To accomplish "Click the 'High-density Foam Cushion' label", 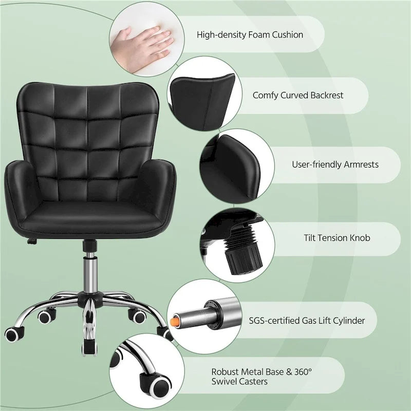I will point(250,35).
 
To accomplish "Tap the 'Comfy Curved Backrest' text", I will point(298,95).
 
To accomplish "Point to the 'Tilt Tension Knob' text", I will point(337,238).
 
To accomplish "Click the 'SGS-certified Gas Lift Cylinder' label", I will point(313,321).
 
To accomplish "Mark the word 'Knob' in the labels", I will point(359,238).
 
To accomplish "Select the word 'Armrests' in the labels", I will point(360,165).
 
